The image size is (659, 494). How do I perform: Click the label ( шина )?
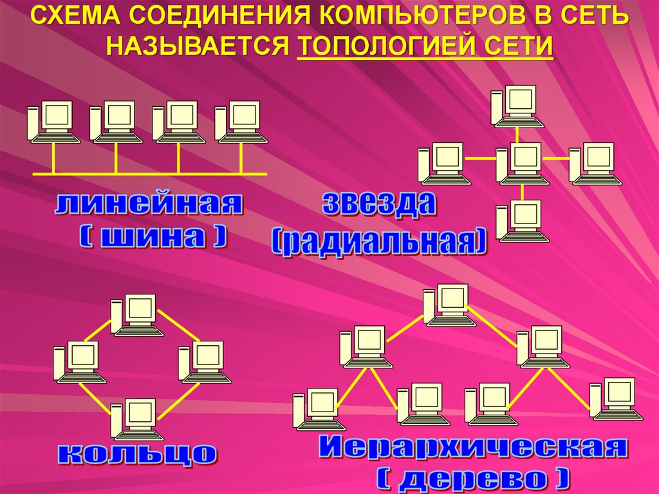[x=153, y=236]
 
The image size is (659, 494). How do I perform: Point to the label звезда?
[x=379, y=204]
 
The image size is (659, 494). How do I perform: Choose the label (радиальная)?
[x=379, y=242]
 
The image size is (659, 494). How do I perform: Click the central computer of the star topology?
[x=518, y=163]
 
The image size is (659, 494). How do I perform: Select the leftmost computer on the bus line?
[x=53, y=122]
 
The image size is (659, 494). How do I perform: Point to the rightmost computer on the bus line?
[x=240, y=122]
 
